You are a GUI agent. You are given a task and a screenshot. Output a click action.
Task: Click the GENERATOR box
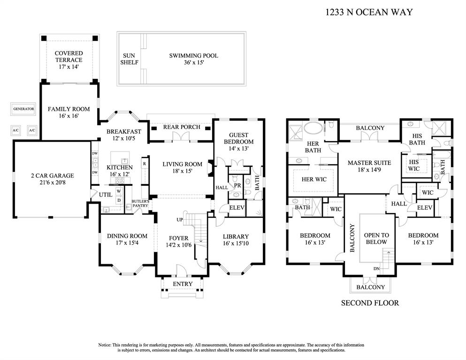(23, 109)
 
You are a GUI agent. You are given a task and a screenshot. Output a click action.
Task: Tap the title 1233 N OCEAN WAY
(369, 12)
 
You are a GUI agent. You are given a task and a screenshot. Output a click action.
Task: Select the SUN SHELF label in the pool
(129, 59)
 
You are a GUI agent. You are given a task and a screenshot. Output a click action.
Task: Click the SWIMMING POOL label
(193, 59)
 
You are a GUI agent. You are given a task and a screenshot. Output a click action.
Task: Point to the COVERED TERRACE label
(69, 57)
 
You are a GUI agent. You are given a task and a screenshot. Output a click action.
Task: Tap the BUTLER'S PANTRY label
(140, 203)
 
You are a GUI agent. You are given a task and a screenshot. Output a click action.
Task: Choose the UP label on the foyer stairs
(179, 220)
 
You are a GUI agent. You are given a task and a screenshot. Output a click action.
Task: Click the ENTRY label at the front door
(183, 284)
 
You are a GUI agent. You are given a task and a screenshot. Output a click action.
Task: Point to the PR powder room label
(237, 185)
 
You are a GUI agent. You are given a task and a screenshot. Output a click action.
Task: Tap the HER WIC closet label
(313, 179)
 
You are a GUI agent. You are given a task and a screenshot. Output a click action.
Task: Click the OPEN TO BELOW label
(376, 238)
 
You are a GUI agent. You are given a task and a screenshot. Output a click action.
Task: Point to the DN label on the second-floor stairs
(376, 268)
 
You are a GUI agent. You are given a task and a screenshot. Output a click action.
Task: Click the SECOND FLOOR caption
(370, 303)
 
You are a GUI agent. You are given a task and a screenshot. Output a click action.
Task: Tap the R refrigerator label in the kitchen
(145, 164)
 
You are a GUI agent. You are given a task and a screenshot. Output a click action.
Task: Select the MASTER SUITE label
(369, 166)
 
